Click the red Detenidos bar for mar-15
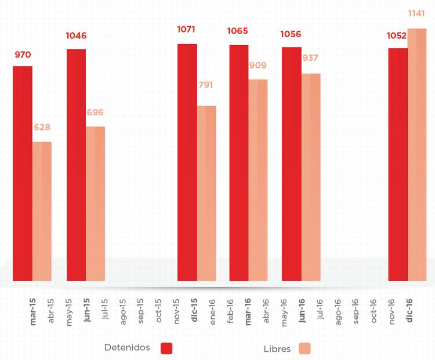pyautogui.click(x=23, y=174)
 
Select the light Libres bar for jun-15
pyautogui.click(x=96, y=203)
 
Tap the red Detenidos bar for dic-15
pyautogui.click(x=187, y=162)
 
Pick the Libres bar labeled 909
pyautogui.click(x=258, y=180)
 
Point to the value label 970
pyautogui.click(x=23, y=55)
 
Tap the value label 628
pyautogui.click(x=42, y=127)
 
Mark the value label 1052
pyautogui.click(x=397, y=36)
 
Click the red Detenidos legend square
pyautogui.click(x=167, y=348)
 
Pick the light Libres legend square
pyautogui.click(x=304, y=348)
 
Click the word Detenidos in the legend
pyautogui.click(x=127, y=348)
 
